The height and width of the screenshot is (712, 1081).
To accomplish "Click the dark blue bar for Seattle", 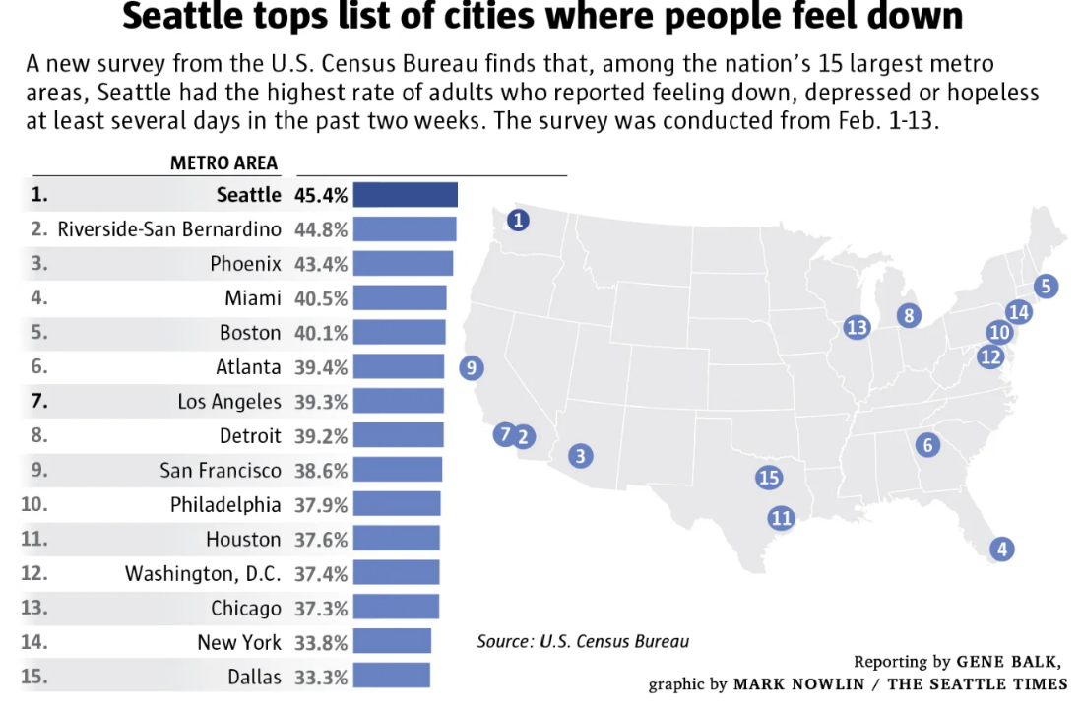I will (405, 195).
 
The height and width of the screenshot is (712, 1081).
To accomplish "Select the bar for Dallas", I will (391, 677).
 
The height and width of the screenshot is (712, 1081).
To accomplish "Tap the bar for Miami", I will (399, 298).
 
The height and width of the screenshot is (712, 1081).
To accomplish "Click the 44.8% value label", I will (321, 229).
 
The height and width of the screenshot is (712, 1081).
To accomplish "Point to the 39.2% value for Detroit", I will (321, 435).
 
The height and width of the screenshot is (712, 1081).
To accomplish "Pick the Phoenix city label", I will (245, 264).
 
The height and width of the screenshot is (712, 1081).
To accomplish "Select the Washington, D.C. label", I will (203, 573).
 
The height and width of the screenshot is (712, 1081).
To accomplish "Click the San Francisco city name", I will (221, 471).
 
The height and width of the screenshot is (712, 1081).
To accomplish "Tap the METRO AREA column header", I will (224, 163).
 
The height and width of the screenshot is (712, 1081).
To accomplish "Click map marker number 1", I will (518, 221).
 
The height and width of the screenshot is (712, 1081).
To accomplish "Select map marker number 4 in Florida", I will (1002, 550).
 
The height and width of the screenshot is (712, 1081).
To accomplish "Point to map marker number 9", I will (472, 368).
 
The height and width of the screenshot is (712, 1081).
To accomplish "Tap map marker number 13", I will (858, 327).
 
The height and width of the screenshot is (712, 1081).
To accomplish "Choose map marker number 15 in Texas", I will (769, 478).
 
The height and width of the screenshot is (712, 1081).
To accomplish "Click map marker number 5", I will (1046, 287).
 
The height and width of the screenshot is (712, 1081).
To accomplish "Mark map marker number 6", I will (926, 445).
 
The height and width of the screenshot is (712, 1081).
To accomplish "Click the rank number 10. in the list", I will (34, 504).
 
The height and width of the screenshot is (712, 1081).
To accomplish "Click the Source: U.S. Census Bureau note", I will (583, 641).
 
